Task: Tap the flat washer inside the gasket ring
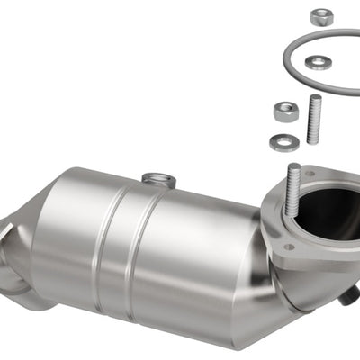317,62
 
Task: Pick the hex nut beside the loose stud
285,112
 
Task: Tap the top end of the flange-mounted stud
293,167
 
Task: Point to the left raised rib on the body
101,238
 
